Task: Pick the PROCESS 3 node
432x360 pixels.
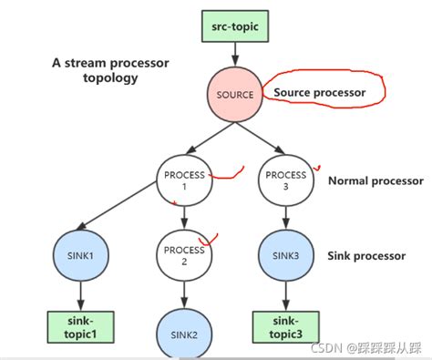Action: point(286,180)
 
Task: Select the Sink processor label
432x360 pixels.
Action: point(365,256)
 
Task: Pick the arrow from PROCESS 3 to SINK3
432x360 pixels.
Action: point(286,217)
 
